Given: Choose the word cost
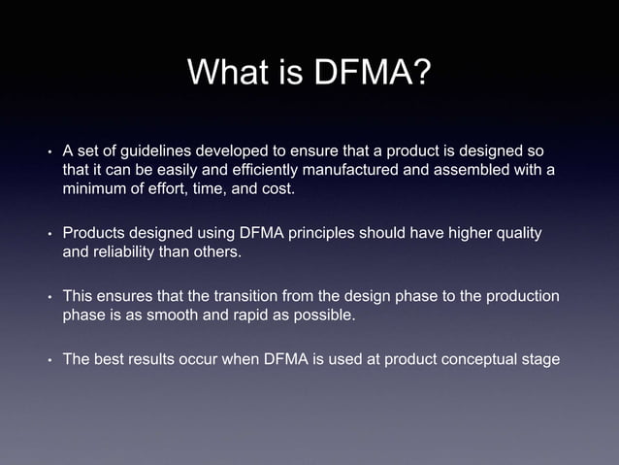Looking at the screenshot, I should click(x=272, y=189).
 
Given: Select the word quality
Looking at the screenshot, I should click(x=515, y=235).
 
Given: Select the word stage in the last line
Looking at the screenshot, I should click(x=539, y=361).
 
